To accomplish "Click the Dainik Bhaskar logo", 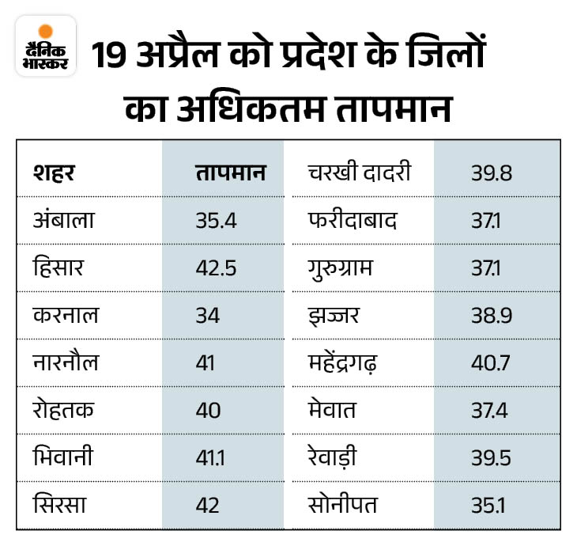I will coord(45,46).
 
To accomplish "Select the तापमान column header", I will coord(230,173).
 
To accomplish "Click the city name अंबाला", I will coord(63,220).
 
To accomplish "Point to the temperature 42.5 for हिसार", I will coord(217,267).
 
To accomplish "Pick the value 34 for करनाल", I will coord(208,315).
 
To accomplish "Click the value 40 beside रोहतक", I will coord(209,410).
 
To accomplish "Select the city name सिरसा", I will coord(61,505).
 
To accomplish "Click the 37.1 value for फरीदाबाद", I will coord(487,220).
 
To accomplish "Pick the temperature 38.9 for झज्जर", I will coord(491,315).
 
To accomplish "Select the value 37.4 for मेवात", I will coord(491,410).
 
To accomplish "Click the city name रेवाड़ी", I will coord(338,458).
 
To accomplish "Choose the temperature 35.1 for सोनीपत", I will coord(488,505).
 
